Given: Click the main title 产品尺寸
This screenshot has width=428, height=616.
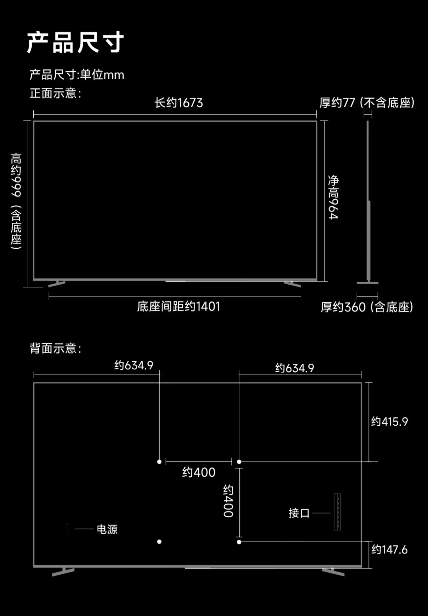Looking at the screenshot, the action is (x=75, y=43).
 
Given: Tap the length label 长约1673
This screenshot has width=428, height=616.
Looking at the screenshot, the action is (x=179, y=103).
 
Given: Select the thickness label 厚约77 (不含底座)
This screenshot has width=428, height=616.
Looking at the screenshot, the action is (x=367, y=103).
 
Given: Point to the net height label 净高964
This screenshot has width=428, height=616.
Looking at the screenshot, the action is (x=333, y=197).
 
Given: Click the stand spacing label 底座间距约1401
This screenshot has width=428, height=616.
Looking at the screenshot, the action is (x=179, y=307).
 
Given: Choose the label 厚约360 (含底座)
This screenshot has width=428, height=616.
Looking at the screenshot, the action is (x=367, y=307).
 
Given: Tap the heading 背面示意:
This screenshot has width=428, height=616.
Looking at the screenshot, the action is (x=55, y=348).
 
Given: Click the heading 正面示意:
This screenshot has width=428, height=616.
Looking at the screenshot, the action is (x=55, y=93).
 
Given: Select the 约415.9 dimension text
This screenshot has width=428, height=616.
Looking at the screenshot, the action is (x=389, y=422).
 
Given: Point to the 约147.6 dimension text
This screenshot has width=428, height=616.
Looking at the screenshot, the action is (x=389, y=549).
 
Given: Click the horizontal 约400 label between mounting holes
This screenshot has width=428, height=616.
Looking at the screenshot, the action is (x=199, y=472).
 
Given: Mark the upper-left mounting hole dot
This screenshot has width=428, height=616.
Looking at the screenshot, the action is (x=159, y=462).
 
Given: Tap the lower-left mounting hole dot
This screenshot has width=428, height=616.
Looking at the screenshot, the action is (x=159, y=541).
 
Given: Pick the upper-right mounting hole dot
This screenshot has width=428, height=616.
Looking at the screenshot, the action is (x=239, y=462).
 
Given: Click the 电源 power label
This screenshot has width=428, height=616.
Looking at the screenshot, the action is (x=107, y=529).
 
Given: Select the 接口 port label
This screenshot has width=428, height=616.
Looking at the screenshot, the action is (x=299, y=513).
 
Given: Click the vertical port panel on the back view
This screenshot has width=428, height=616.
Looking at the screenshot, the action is (x=337, y=512).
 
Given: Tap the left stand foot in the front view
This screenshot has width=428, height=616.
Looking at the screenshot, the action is (x=57, y=283).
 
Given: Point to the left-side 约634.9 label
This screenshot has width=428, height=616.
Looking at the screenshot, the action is (x=134, y=365).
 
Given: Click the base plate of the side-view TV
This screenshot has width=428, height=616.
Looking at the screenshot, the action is (x=368, y=283).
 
